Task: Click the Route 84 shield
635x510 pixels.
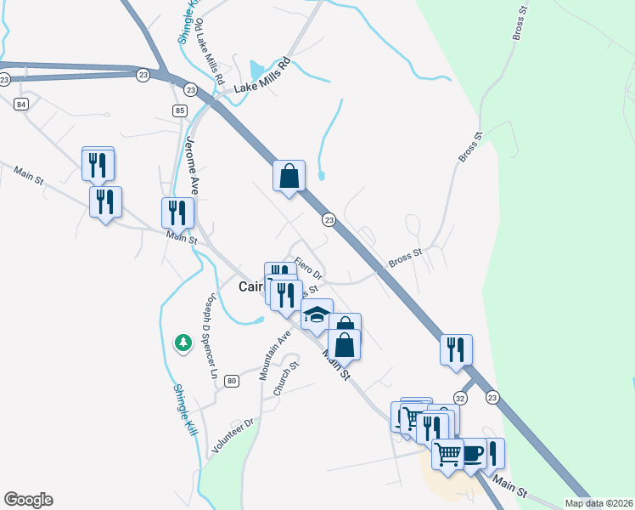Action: [x=21, y=104]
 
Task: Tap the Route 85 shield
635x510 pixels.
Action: [x=179, y=110]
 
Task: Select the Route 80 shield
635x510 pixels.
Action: [x=232, y=381]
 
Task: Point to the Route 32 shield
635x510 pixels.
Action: [x=459, y=397]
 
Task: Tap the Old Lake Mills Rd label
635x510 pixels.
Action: [x=208, y=53]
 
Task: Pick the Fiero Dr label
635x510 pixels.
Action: [x=309, y=269]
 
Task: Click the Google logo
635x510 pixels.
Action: [x=28, y=500]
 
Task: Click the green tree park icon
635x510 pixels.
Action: [x=183, y=343]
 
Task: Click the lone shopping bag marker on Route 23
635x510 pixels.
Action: [x=289, y=176]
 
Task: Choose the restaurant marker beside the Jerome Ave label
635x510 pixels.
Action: [x=177, y=212]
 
